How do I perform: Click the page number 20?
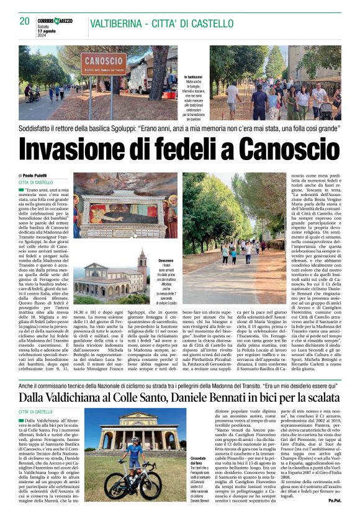[x=24, y=20]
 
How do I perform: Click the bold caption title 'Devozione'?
[x=166, y=261]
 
